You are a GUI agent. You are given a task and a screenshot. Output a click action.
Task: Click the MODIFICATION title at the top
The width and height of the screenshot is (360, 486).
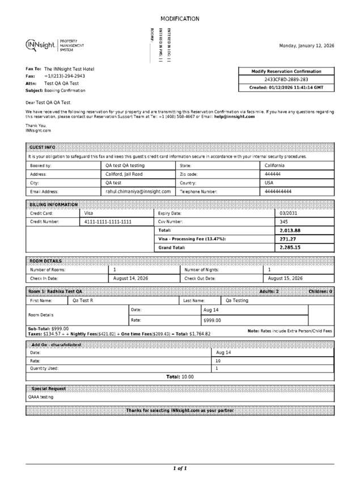point(180,19)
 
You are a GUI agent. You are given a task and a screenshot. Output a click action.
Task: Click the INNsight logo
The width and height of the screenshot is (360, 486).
point(40,45)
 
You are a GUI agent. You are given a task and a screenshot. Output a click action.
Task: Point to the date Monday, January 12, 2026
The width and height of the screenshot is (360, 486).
point(307,45)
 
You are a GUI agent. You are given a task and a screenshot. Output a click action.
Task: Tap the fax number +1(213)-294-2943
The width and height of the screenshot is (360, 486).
point(65,76)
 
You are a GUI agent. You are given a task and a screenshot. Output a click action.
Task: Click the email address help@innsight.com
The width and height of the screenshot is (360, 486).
point(234,116)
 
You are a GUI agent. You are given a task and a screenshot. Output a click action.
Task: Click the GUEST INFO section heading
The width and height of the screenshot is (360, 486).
point(43,146)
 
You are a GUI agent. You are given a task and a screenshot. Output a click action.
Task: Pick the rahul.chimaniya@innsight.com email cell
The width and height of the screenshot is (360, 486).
point(138,192)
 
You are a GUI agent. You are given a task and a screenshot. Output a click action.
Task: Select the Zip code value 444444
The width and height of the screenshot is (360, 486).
point(273,174)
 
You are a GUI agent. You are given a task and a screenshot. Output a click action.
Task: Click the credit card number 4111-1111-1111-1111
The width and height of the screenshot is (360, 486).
point(108,222)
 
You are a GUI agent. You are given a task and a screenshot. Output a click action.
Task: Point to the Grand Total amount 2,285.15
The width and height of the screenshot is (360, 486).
point(290,248)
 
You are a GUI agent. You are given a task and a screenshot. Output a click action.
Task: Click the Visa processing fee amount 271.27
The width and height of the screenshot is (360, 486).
point(289,239)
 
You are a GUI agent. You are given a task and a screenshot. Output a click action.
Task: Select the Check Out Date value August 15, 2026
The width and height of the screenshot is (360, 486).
point(285,278)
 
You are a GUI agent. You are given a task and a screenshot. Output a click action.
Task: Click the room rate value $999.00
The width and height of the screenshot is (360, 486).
point(212,320)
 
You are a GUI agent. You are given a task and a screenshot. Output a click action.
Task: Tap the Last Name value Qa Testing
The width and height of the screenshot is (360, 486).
point(237,301)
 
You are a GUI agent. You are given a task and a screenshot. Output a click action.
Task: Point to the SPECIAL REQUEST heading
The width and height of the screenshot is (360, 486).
point(48,388)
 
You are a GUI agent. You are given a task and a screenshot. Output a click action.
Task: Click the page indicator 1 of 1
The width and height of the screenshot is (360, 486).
point(180,468)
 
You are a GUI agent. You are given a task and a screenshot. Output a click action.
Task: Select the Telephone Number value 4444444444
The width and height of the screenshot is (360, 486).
point(278,192)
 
